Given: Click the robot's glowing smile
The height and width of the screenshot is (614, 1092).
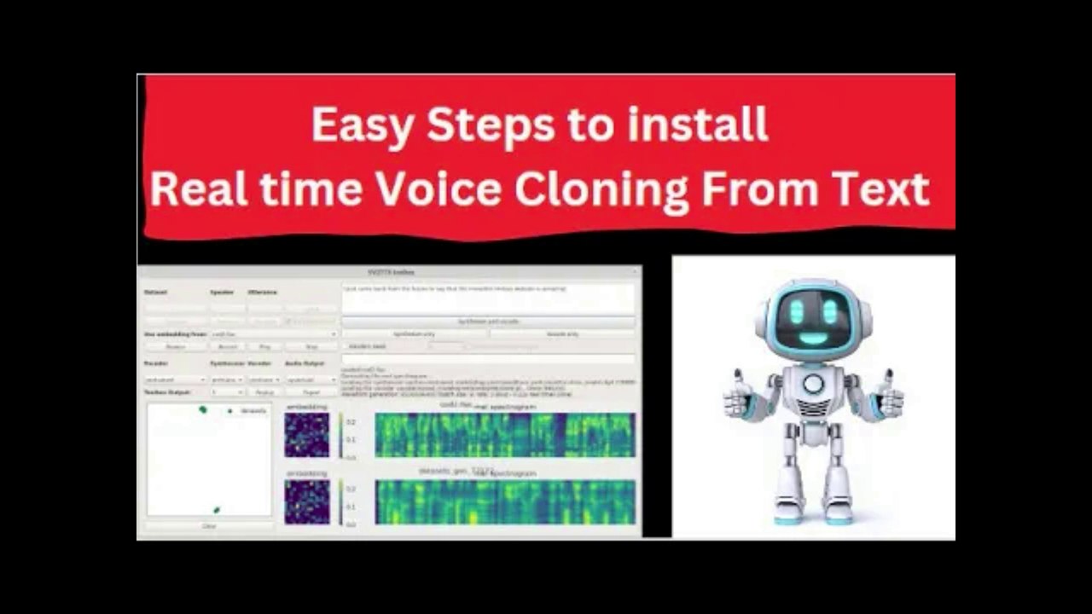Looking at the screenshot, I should tap(813, 338).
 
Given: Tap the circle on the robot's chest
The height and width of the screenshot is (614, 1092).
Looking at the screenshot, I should tap(813, 383).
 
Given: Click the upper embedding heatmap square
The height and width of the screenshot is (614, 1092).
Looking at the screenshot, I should tap(306, 436).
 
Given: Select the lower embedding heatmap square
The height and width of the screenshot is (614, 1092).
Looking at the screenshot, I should tap(306, 501).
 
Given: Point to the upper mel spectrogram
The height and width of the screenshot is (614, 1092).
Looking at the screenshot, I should tap(505, 436).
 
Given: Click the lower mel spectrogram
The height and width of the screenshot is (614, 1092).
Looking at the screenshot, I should tap(505, 501).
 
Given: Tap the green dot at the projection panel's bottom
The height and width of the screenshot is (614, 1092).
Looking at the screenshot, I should tap(216, 510).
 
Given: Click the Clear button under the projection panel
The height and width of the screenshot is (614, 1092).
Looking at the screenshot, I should tap(209, 526).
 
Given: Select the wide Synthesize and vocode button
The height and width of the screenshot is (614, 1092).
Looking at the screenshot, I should tap(488, 321).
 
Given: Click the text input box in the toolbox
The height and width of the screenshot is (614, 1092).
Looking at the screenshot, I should tap(488, 298).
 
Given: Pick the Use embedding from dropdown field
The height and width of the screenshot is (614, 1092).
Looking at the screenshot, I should tap(273, 334).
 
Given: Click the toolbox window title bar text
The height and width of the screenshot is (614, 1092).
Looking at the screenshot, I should tap(390, 272).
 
